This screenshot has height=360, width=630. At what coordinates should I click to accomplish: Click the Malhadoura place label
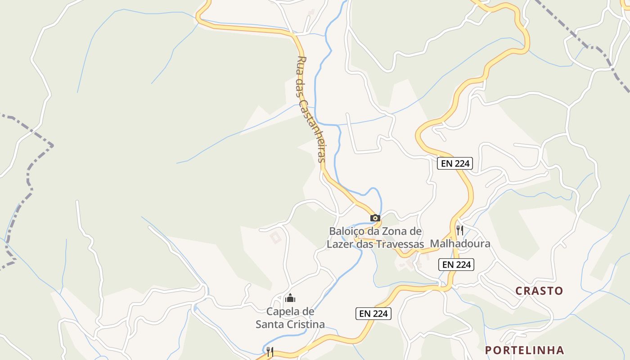tap(460, 244)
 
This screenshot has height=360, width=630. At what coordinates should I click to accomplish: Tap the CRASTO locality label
tap(539, 291)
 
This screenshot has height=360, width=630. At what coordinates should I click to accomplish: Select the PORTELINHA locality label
tap(524, 350)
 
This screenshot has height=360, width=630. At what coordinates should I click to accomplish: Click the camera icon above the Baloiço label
tap(375, 218)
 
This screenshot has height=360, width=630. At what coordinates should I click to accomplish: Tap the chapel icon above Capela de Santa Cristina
tap(290, 298)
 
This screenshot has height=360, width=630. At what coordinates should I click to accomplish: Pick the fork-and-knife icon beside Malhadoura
tap(460, 230)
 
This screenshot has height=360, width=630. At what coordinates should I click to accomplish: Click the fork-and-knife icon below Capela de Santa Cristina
tap(270, 351)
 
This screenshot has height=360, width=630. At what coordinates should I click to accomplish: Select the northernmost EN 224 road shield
tap(456, 163)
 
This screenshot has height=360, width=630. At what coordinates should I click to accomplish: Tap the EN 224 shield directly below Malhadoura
tap(456, 265)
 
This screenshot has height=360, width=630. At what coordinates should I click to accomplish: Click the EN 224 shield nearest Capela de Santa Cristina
tap(373, 314)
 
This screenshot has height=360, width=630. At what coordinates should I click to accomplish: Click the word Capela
tap(283, 311)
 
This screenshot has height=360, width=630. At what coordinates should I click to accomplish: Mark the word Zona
tap(392, 231)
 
